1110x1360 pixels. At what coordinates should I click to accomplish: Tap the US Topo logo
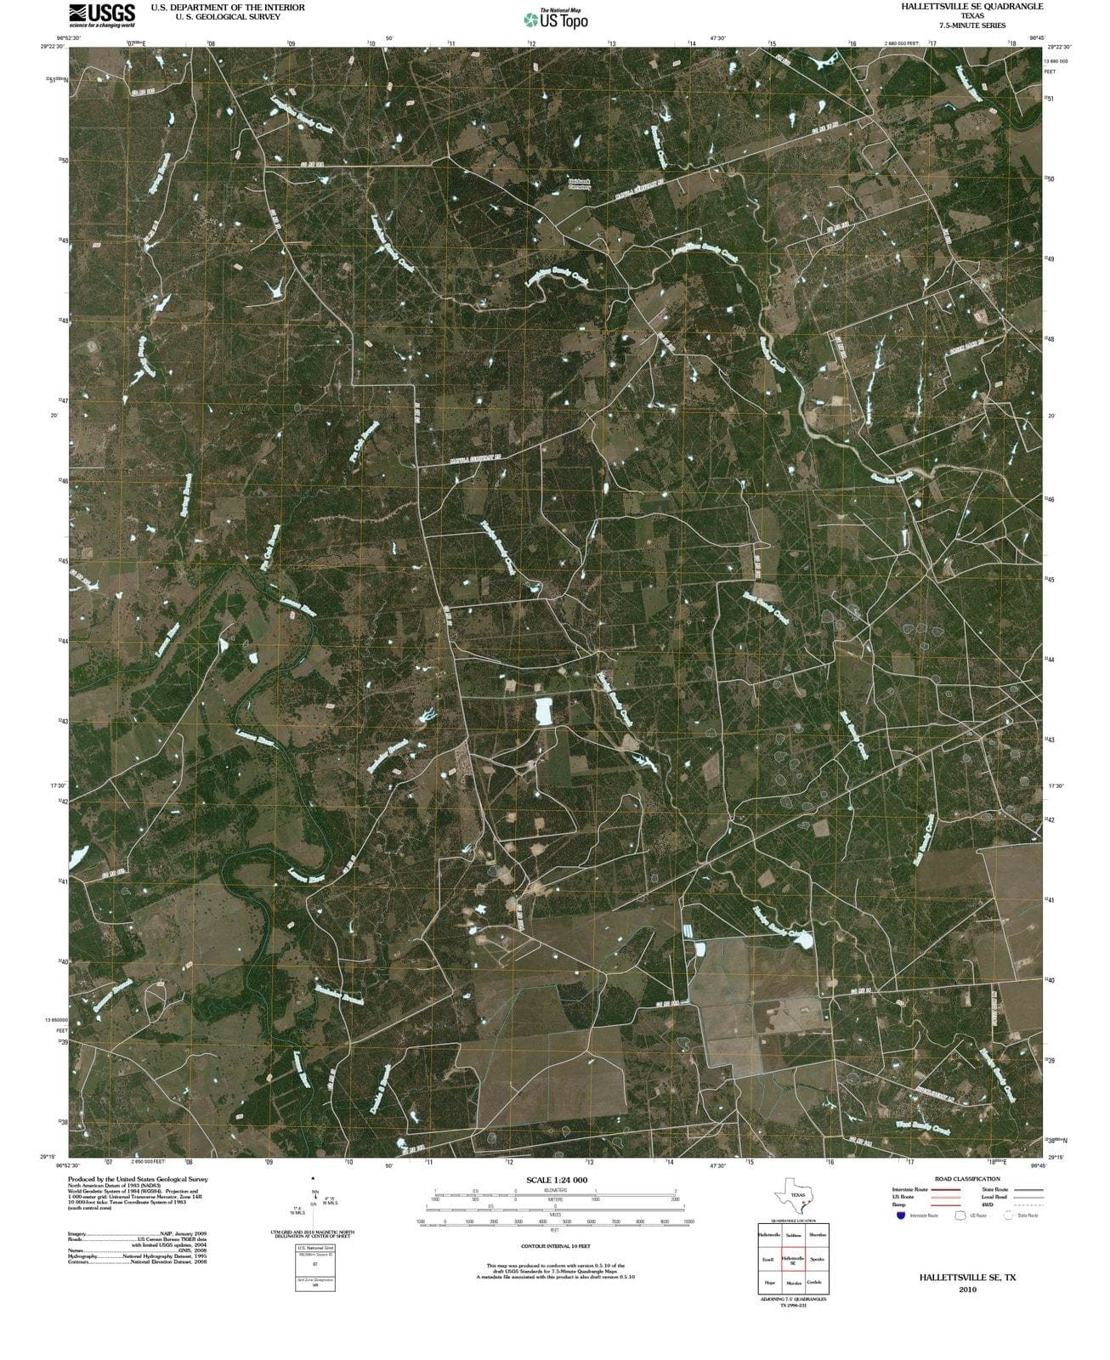[x=555, y=19]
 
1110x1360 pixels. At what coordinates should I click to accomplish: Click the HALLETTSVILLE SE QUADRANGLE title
[x=972, y=6]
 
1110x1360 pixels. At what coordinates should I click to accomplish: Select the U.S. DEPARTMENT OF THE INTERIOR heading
[x=227, y=7]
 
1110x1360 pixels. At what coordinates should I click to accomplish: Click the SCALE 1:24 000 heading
[x=557, y=1180]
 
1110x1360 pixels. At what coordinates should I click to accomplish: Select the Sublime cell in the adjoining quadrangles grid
[x=793, y=1235]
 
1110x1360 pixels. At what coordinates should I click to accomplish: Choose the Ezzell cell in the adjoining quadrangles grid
[x=769, y=1259]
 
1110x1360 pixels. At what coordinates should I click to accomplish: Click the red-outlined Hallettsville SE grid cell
[x=793, y=1259]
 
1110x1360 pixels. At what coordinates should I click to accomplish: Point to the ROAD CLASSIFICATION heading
[x=967, y=1179]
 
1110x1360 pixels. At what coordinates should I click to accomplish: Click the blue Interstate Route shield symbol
[x=900, y=1215]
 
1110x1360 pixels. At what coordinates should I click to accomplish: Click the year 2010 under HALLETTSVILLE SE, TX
[x=966, y=1289]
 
